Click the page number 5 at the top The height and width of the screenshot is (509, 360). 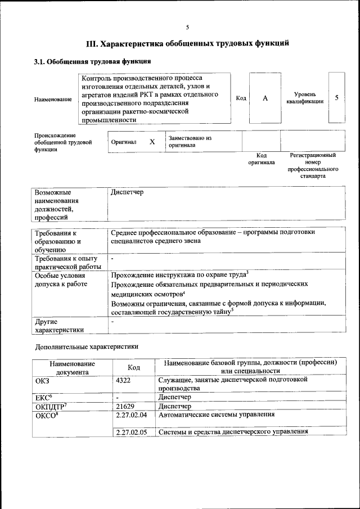pyautogui.click(x=188, y=27)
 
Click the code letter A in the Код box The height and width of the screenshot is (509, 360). pyautogui.click(x=265, y=98)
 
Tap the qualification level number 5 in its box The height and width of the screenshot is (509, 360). pyautogui.click(x=336, y=97)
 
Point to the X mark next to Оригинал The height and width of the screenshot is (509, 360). pyautogui.click(x=152, y=142)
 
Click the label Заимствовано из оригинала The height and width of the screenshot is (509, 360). pyautogui.click(x=190, y=141)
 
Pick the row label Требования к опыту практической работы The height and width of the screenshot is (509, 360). pyautogui.click(x=67, y=263)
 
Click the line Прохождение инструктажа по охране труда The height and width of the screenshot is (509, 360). pyautogui.click(x=179, y=275)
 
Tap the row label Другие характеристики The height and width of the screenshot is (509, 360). pyautogui.click(x=59, y=325)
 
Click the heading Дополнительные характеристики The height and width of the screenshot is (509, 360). pyautogui.click(x=86, y=346)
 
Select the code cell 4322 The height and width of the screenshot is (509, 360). pyautogui.click(x=123, y=380)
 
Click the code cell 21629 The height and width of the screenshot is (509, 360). pyautogui.click(x=125, y=406)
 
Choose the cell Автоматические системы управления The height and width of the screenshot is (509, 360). pyautogui.click(x=217, y=415)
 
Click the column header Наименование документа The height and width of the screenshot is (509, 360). pyautogui.click(x=71, y=368)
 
